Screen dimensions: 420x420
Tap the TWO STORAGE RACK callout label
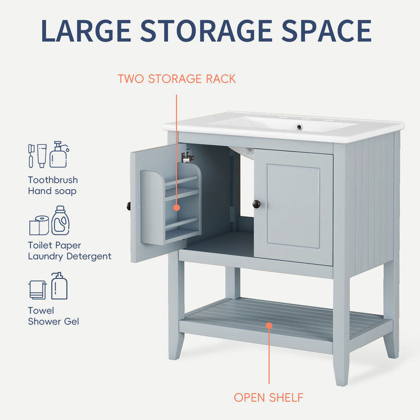pyautogui.click(x=176, y=79)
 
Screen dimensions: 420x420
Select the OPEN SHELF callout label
pyautogui.click(x=269, y=397)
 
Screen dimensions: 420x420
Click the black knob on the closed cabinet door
pyautogui.click(x=256, y=203)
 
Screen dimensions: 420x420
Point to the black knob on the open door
pyautogui.click(x=128, y=204)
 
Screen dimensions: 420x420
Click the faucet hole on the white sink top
pyautogui.click(x=300, y=127)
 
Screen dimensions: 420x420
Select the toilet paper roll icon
pyautogui.click(x=38, y=225)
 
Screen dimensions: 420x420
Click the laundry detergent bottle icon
pyautogui.click(x=61, y=220)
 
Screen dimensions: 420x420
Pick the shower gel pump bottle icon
pyautogui.click(x=59, y=286)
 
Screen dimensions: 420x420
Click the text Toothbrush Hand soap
pyautogui.click(x=52, y=185)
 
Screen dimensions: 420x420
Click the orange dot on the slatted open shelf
pyautogui.click(x=269, y=325)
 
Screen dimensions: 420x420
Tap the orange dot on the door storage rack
pyautogui.click(x=176, y=207)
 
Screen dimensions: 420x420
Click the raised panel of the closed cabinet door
pyautogui.click(x=293, y=206)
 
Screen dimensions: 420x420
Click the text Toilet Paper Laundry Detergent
pyautogui.click(x=69, y=251)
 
